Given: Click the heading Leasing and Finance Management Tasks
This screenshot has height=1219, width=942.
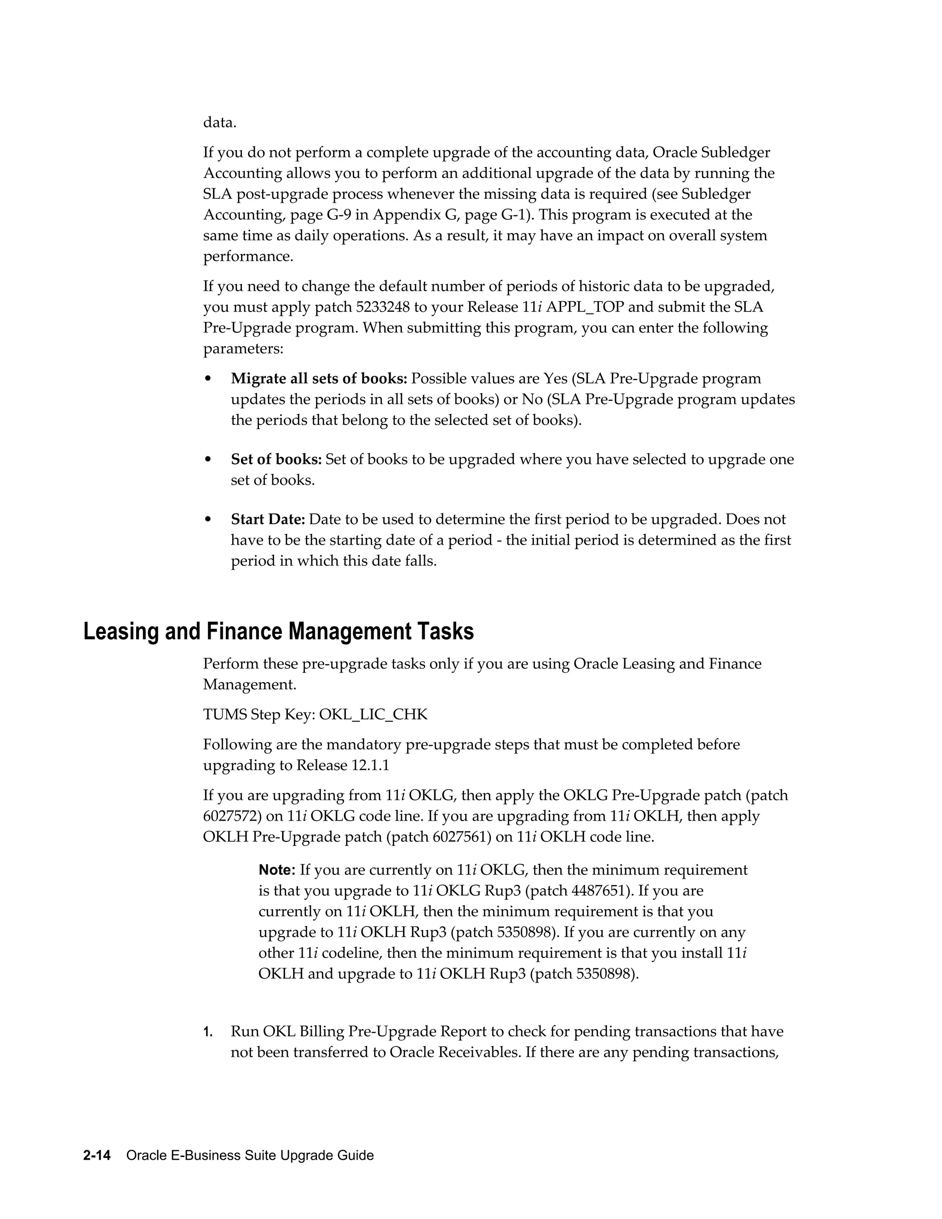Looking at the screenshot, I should (x=278, y=631).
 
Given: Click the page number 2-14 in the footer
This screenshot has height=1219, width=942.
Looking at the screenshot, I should (x=97, y=1156).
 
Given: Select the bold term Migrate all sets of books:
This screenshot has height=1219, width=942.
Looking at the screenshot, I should (x=319, y=379).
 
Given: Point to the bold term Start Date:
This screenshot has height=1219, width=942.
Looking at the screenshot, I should (x=268, y=520).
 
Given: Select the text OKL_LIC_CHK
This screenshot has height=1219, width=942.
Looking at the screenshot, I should (x=373, y=714).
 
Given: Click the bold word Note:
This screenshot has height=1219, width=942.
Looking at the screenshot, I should (x=277, y=870).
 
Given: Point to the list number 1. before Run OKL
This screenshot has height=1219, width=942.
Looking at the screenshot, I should (x=207, y=1032).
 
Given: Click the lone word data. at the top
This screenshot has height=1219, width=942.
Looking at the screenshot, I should (x=219, y=122).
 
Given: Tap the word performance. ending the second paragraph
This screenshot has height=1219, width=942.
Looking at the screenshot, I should (x=248, y=257).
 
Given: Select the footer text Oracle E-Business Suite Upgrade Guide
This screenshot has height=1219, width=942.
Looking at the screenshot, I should (x=250, y=1156).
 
